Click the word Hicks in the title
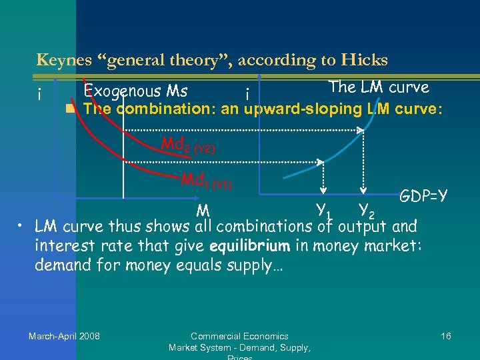point(365,60)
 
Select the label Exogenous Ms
point(135,91)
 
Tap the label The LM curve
point(379,87)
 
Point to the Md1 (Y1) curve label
point(207,181)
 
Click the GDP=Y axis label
point(423,196)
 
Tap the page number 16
point(446,336)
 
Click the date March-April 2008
point(64,336)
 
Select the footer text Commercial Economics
point(239,336)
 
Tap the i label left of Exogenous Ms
point(41,95)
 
